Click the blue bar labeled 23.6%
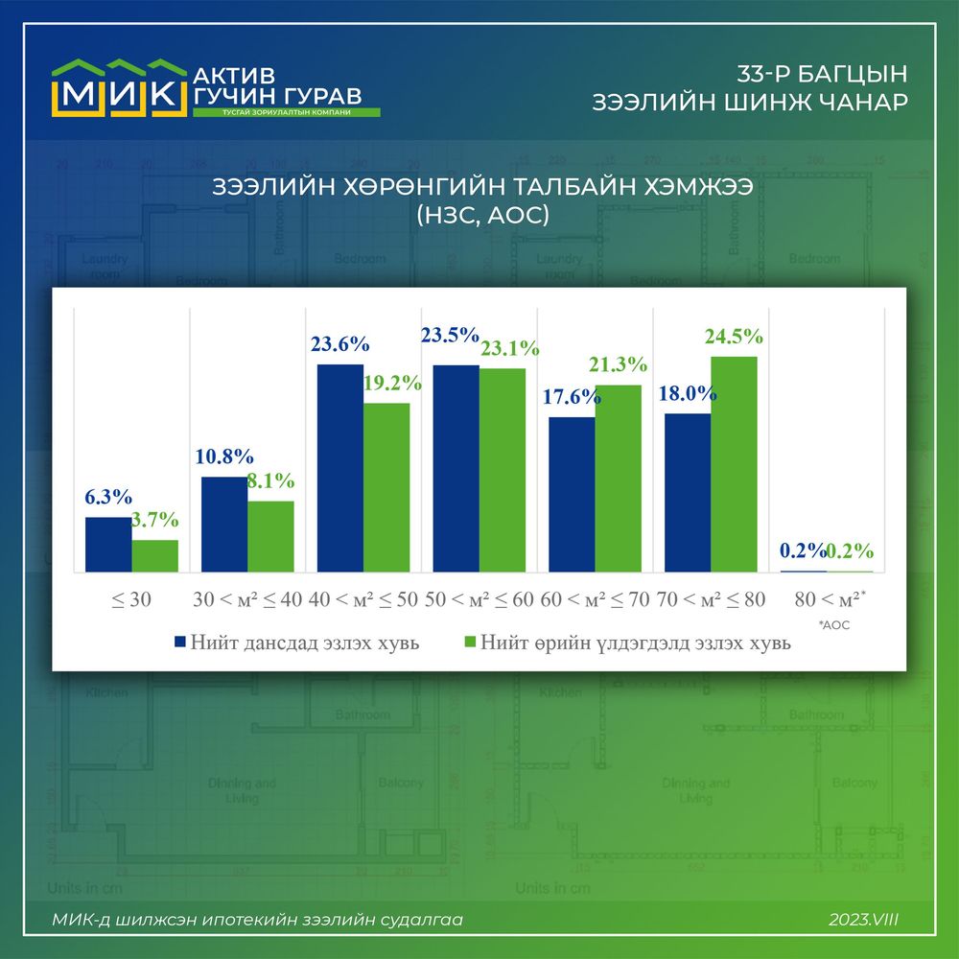(x=340, y=468)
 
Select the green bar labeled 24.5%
(x=734, y=464)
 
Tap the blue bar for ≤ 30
(x=108, y=544)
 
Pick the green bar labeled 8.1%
(x=270, y=536)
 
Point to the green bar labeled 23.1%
(x=503, y=470)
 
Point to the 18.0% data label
(x=685, y=393)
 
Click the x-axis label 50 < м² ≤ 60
(x=479, y=599)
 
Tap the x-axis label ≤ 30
(x=132, y=599)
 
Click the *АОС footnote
(x=835, y=624)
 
